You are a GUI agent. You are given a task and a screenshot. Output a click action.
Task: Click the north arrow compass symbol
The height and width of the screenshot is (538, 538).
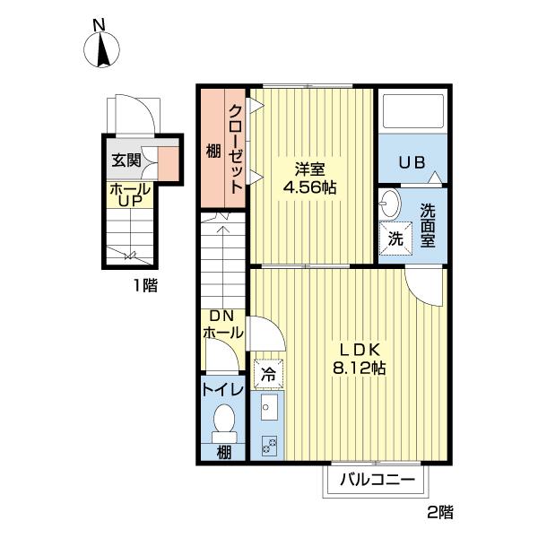[x=101, y=49]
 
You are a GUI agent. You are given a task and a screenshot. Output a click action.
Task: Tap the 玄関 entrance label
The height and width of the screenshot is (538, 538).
[x=126, y=161]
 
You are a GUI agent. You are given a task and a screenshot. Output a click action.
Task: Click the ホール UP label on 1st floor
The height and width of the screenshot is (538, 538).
[x=130, y=195]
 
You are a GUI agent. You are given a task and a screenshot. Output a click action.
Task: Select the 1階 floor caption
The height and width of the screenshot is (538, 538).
[x=145, y=285]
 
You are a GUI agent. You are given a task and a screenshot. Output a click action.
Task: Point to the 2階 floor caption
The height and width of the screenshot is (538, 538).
[x=440, y=513]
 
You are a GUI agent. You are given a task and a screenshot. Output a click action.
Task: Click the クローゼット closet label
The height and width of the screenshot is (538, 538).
[x=236, y=149]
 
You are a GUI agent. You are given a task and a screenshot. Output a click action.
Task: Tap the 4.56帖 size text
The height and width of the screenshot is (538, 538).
[x=309, y=187]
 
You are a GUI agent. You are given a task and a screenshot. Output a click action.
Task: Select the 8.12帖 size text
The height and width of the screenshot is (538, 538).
[x=360, y=369]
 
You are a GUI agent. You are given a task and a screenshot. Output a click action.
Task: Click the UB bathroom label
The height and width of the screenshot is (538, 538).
[x=412, y=162]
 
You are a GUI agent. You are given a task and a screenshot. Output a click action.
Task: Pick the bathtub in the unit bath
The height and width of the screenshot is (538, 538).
[x=412, y=111]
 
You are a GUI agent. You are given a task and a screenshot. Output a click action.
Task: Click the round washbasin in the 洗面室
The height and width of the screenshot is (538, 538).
[x=390, y=204]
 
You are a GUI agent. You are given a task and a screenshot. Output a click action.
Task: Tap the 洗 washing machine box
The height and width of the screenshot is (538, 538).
[x=395, y=239]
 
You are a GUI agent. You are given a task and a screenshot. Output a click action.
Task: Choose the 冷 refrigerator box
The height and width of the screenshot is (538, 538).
[x=269, y=374]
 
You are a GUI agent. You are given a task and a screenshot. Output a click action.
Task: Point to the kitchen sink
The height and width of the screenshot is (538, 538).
[x=269, y=407]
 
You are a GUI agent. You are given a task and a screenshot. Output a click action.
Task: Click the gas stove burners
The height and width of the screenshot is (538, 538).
[x=269, y=446]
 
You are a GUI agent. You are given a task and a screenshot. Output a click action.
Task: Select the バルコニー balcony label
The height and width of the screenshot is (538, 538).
[x=377, y=480]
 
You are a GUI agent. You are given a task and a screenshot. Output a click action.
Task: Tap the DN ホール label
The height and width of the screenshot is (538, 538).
[x=223, y=325]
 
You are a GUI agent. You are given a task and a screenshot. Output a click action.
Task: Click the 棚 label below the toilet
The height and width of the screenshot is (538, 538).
[x=224, y=453]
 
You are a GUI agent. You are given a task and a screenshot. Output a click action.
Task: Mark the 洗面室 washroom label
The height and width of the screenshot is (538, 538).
[x=428, y=225]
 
